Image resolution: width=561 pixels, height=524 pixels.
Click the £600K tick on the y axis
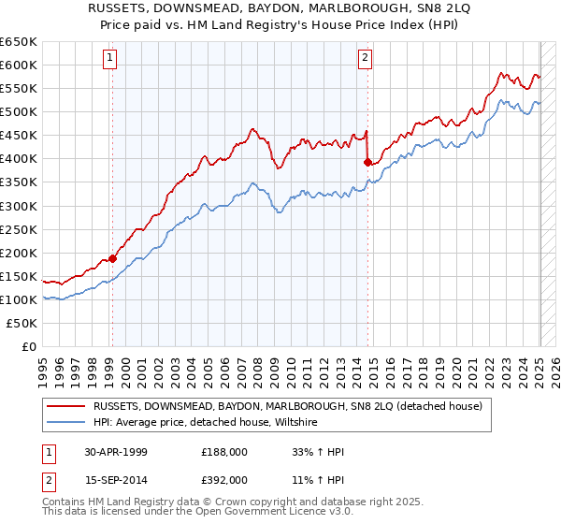click(x=19, y=65)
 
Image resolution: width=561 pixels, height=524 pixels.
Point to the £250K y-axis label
click(x=19, y=229)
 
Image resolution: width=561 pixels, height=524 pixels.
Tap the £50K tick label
click(x=22, y=323)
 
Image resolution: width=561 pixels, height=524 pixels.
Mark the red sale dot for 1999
click(x=112, y=258)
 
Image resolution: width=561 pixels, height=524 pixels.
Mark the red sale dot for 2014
click(x=367, y=162)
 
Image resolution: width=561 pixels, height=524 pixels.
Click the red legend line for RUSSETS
click(x=66, y=406)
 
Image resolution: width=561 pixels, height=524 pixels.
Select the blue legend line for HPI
click(x=66, y=422)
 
